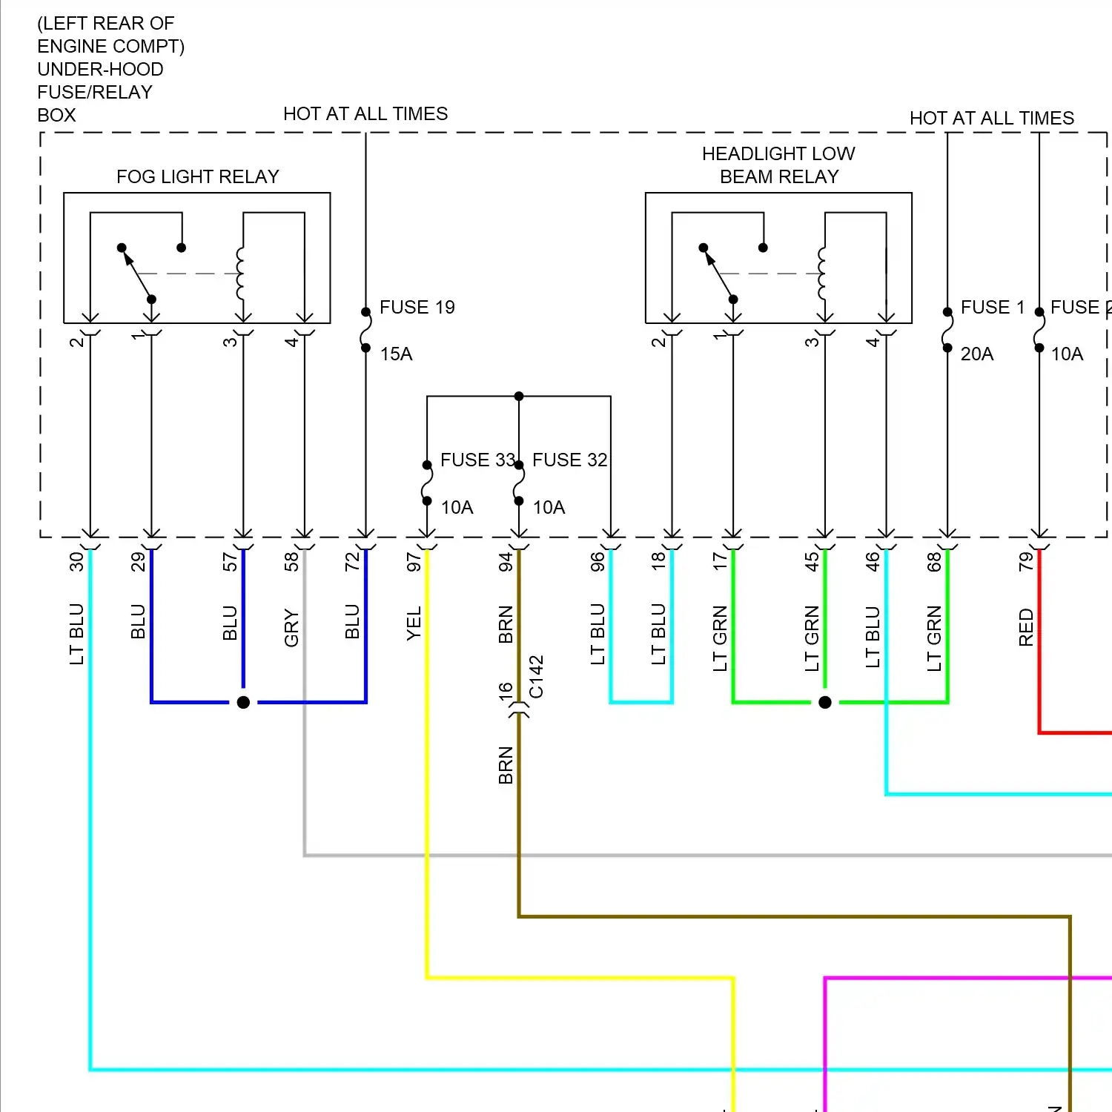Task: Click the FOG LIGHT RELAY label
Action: (x=197, y=176)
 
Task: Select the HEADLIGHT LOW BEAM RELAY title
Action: (x=778, y=165)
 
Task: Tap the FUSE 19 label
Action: (x=417, y=307)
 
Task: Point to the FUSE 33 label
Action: (x=477, y=460)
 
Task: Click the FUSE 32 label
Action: (x=569, y=460)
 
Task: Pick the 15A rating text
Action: (x=396, y=354)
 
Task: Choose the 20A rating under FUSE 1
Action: (x=976, y=354)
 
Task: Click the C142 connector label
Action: (x=537, y=676)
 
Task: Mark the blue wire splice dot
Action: (x=243, y=702)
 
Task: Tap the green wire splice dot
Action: (x=825, y=702)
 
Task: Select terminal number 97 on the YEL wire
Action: (x=414, y=562)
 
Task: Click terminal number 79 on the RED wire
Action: (x=1026, y=562)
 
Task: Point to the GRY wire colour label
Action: (x=291, y=628)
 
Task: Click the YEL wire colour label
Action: (x=414, y=623)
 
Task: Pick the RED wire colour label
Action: (x=1026, y=627)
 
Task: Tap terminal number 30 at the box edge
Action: (x=77, y=562)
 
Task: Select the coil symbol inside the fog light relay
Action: (x=240, y=273)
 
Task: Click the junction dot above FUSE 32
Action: (x=519, y=396)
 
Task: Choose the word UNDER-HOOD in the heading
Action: (x=100, y=69)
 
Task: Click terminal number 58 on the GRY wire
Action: (x=291, y=562)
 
